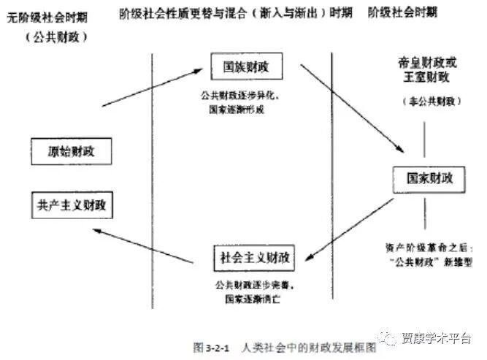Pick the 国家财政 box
pyautogui.click(x=423, y=178)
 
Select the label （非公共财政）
pyautogui.click(x=424, y=101)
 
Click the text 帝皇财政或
pyautogui.click(x=424, y=64)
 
